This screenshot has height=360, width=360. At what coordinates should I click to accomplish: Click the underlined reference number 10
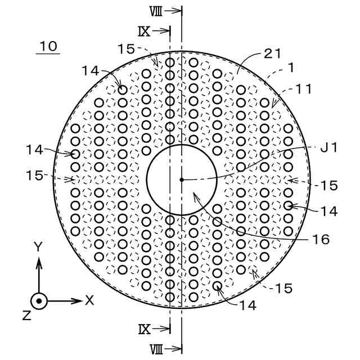coord(48,46)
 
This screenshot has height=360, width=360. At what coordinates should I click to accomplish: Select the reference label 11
coord(302,88)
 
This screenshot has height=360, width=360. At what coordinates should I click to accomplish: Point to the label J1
coord(328,148)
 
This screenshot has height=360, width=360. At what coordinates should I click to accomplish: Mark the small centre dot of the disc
coord(181,180)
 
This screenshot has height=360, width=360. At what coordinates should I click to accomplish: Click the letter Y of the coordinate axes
coord(38,246)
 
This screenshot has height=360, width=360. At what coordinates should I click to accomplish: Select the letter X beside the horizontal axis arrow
coord(89,300)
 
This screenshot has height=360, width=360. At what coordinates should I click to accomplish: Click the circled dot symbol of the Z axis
coord(38,301)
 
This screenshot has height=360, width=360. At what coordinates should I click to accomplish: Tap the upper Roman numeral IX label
coord(144,30)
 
